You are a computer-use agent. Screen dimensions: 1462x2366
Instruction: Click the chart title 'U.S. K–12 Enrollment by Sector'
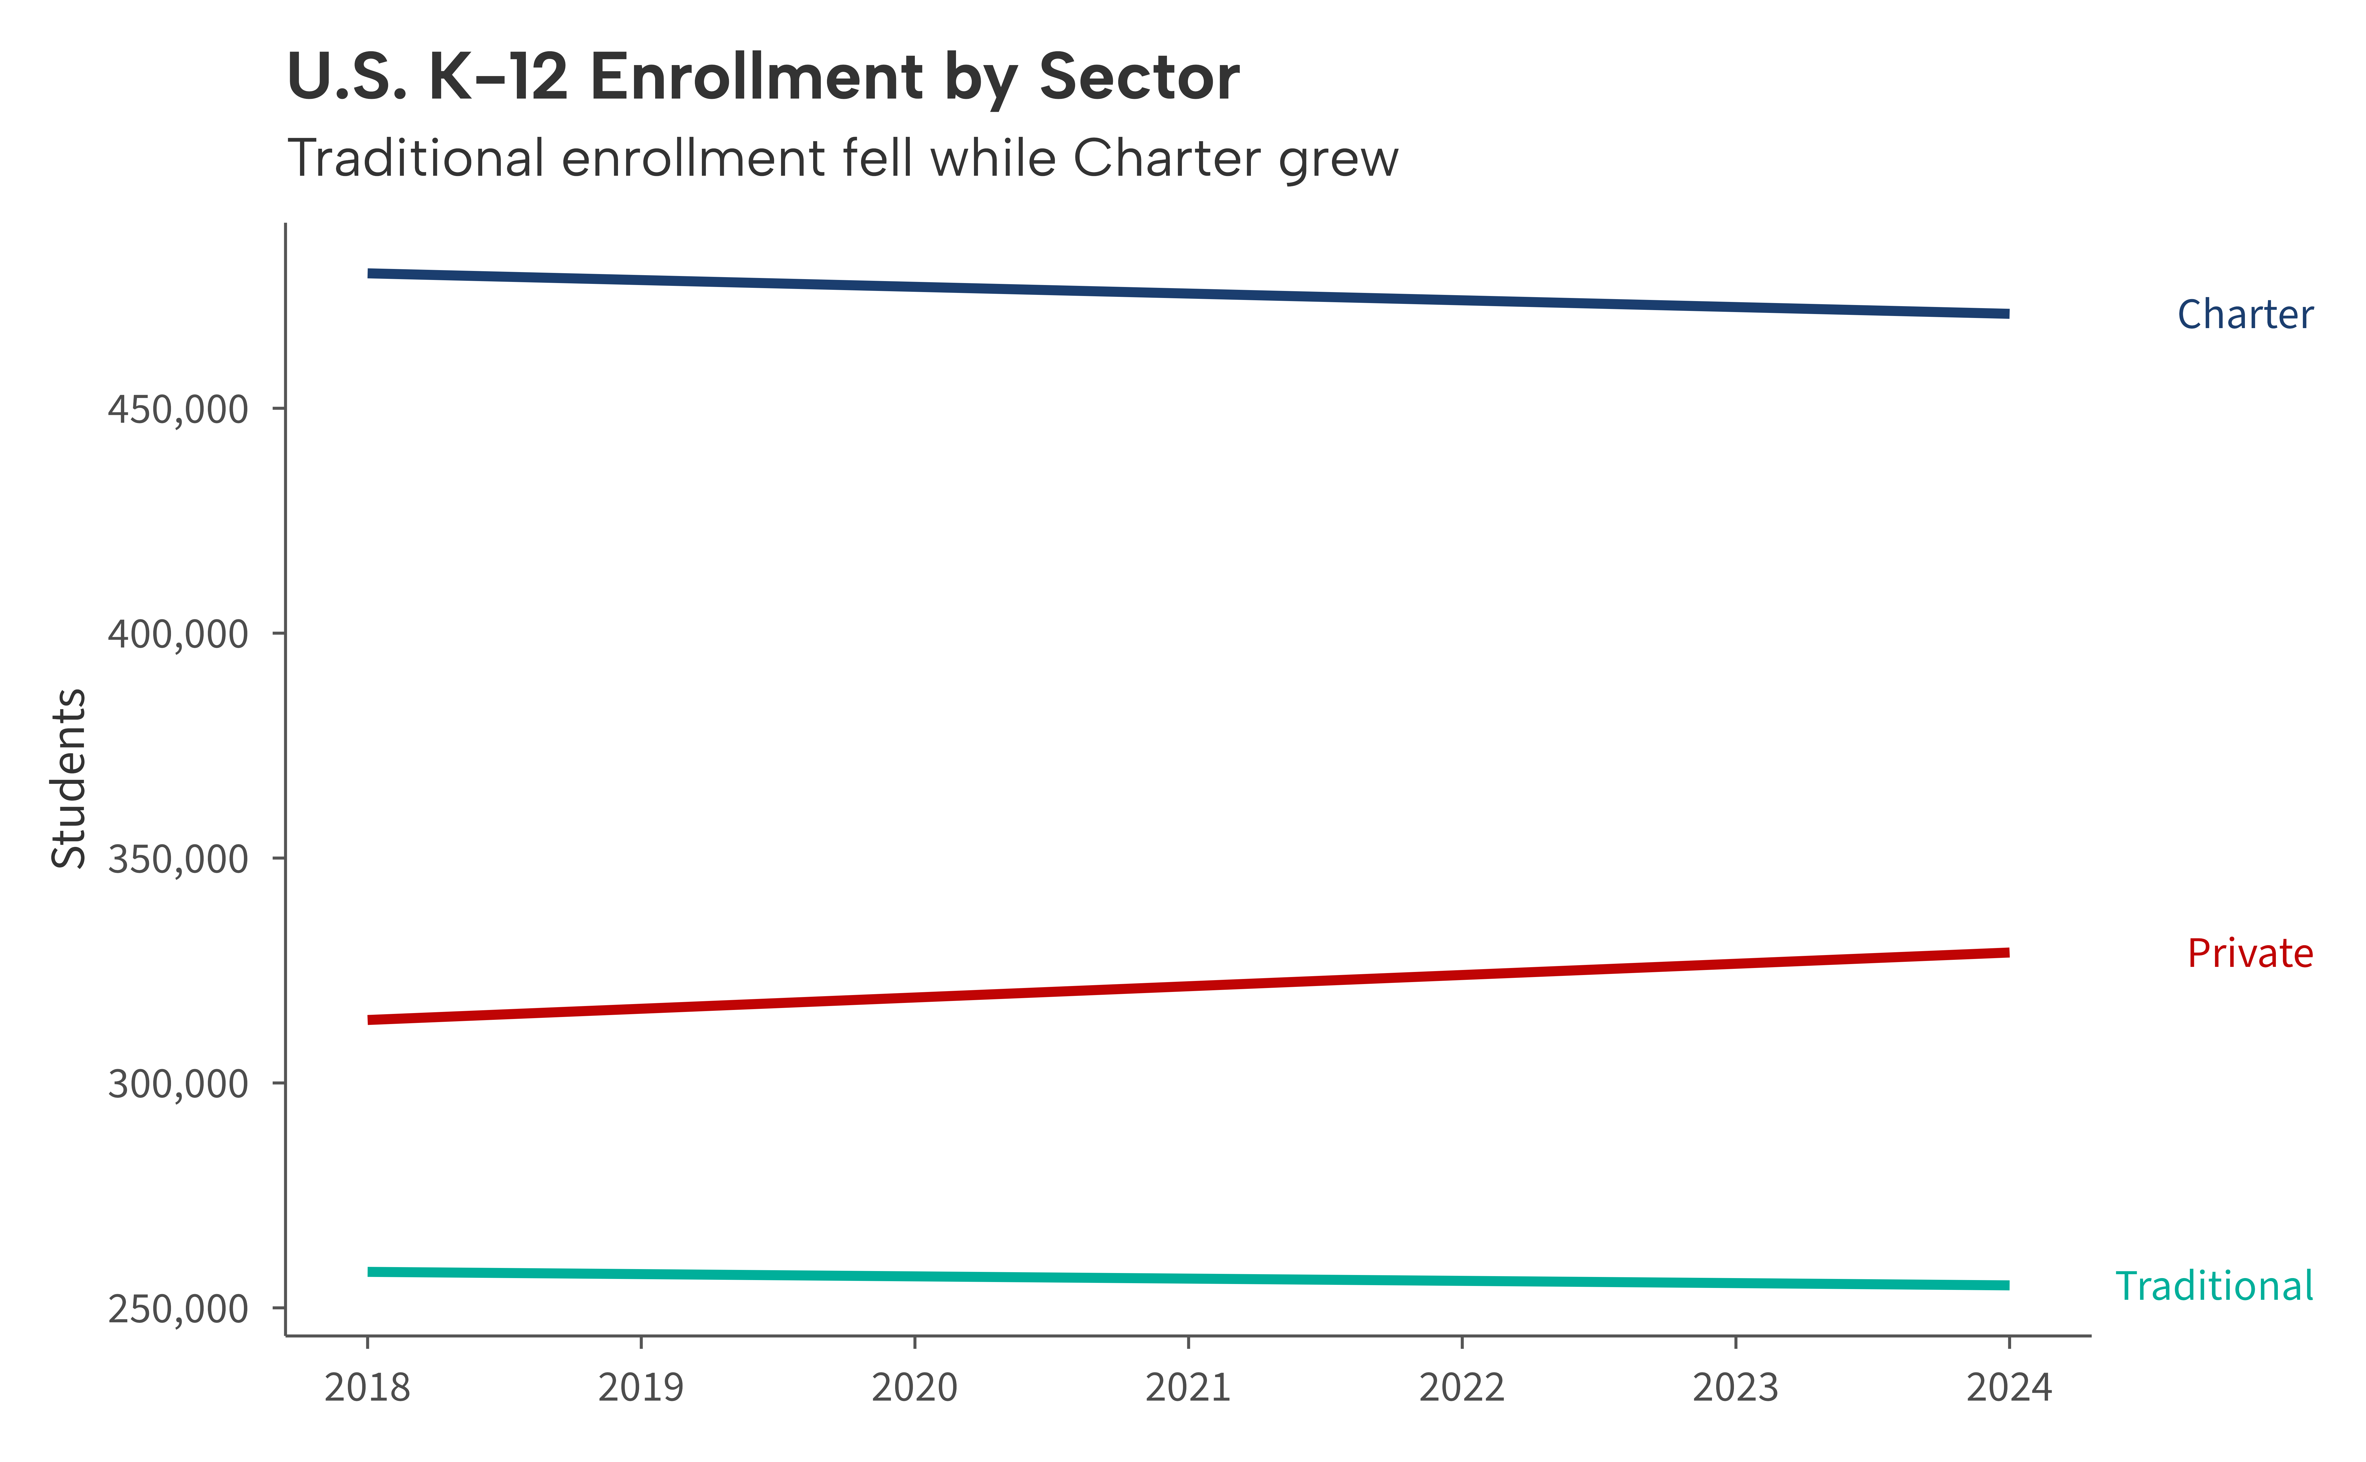(x=763, y=77)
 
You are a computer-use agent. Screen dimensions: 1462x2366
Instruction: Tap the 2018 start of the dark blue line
(x=369, y=274)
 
